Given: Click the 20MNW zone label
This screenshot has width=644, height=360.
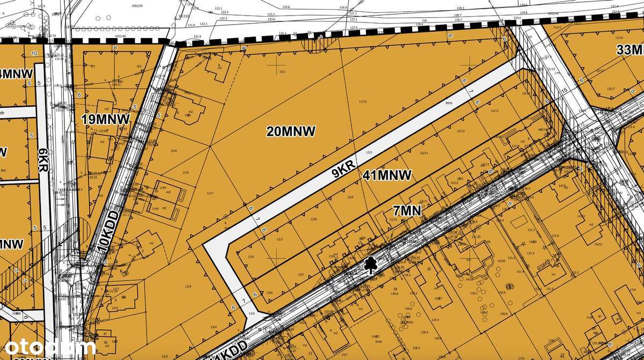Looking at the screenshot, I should [x=291, y=131].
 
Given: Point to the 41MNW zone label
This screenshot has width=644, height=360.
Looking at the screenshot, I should [x=387, y=175].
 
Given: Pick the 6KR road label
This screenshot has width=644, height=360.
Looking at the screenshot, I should [x=43, y=160].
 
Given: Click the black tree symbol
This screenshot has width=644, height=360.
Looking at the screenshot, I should [x=370, y=265].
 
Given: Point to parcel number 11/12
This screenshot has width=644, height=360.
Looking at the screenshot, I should [x=363, y=101].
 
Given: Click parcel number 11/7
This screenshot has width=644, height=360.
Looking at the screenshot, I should [x=210, y=193].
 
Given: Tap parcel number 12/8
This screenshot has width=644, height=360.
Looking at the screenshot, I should [x=313, y=219].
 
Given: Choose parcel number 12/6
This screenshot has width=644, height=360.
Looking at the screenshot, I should [x=251, y=257].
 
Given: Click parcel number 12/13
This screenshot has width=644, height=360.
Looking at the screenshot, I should [x=495, y=111].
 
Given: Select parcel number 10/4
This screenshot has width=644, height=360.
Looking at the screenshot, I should [x=173, y=151].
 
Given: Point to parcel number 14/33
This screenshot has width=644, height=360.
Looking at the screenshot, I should [x=597, y=244].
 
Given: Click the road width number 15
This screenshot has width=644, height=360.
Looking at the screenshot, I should [x=564, y=90].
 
